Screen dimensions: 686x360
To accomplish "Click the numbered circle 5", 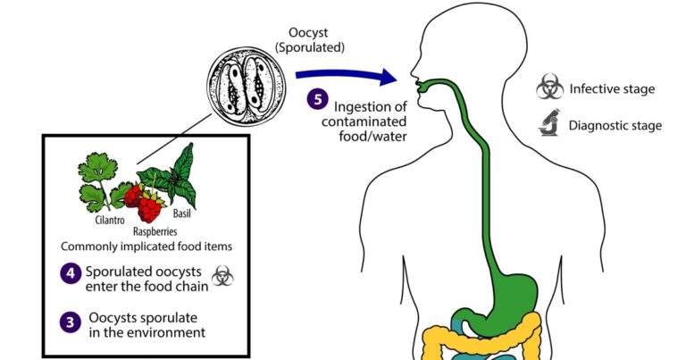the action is click(x=317, y=99).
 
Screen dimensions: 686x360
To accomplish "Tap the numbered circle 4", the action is click(x=71, y=273).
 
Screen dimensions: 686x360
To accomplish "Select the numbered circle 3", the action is click(x=71, y=322).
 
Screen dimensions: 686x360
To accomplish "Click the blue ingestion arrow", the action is click(x=346, y=76).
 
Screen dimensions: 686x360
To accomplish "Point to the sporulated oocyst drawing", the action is click(x=247, y=87).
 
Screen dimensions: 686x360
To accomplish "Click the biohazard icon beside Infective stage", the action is click(x=550, y=87).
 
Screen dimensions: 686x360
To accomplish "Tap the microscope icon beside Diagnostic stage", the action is click(x=549, y=123).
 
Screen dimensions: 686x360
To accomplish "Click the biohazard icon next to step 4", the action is click(x=222, y=276).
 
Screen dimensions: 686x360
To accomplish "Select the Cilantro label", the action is click(x=110, y=220).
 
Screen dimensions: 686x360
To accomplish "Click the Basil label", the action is click(x=182, y=213).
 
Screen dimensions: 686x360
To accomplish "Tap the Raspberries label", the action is click(x=155, y=231).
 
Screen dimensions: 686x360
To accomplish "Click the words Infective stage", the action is click(x=612, y=89).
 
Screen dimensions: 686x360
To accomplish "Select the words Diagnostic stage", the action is click(x=615, y=126).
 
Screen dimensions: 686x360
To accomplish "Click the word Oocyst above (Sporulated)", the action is click(x=308, y=33).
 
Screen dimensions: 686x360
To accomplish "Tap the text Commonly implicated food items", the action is click(x=146, y=247).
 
